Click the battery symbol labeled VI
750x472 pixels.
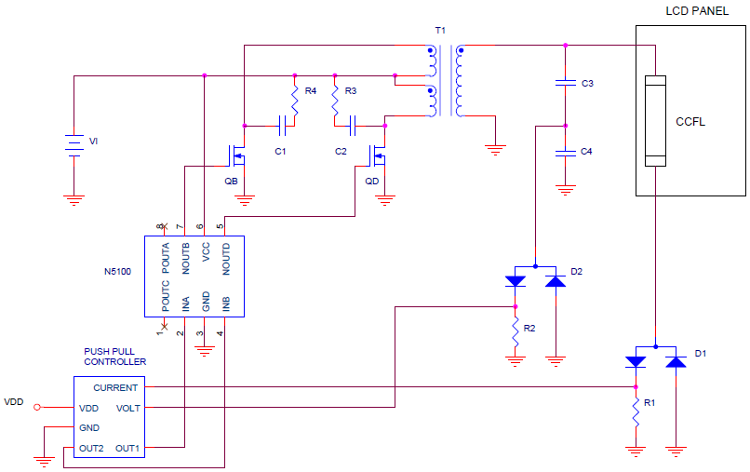pos(73,145)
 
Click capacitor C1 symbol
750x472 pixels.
pos(281,124)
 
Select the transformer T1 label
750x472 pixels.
pos(440,31)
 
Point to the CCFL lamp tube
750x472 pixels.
pos(657,121)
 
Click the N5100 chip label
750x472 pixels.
pos(119,273)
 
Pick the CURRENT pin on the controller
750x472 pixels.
pos(115,387)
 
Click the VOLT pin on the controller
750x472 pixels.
pos(127,408)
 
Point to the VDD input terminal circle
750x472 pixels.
pos(38,407)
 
